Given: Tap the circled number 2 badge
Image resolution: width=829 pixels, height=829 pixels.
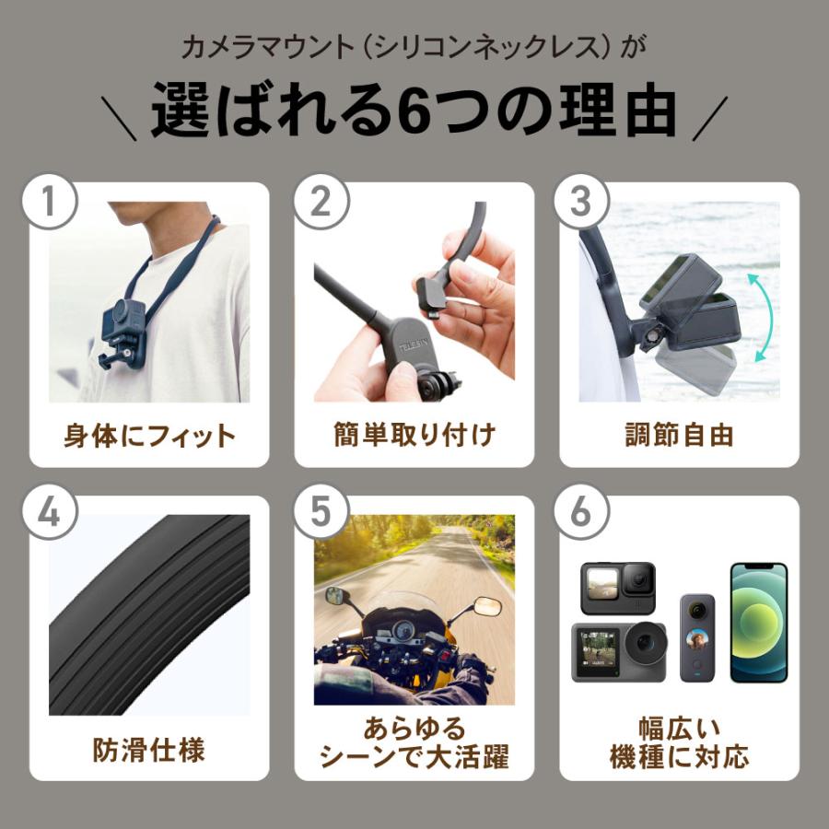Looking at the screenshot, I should pyautogui.click(x=320, y=201).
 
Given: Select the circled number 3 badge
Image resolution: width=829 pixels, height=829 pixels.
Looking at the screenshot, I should pyautogui.click(x=581, y=201).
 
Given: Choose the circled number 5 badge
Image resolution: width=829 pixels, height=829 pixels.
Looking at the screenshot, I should pyautogui.click(x=320, y=514).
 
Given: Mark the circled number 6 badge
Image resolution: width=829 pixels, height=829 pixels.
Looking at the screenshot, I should pyautogui.click(x=581, y=514).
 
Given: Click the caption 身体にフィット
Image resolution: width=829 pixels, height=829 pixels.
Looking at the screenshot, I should pyautogui.click(x=149, y=435).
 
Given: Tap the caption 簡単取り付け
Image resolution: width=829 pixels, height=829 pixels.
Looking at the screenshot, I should pyautogui.click(x=414, y=435).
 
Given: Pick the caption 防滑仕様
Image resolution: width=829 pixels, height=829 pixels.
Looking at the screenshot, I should pyautogui.click(x=148, y=749).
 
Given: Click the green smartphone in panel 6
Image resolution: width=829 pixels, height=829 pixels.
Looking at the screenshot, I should pyautogui.click(x=759, y=623).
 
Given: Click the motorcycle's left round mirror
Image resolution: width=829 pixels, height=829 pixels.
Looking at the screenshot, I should pyautogui.click(x=334, y=595).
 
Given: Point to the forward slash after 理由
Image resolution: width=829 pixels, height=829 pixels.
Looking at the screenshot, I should pyautogui.click(x=710, y=118).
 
